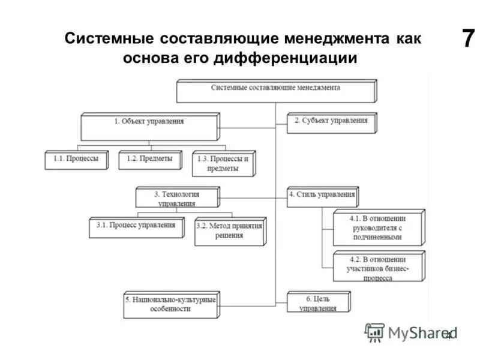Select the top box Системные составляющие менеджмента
tap(275, 88)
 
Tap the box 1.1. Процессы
tap(71, 159)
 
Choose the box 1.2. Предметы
tap(149, 159)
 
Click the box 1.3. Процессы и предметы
tap(223, 163)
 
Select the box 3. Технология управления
tap(176, 198)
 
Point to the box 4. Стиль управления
tap(322, 195)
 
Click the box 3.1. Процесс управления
tap(136, 226)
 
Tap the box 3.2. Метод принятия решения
tap(229, 231)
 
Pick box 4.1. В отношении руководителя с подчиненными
tap(378, 227)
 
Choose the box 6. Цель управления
tap(317, 302)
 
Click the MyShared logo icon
tap(374, 332)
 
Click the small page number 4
tap(448, 336)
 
